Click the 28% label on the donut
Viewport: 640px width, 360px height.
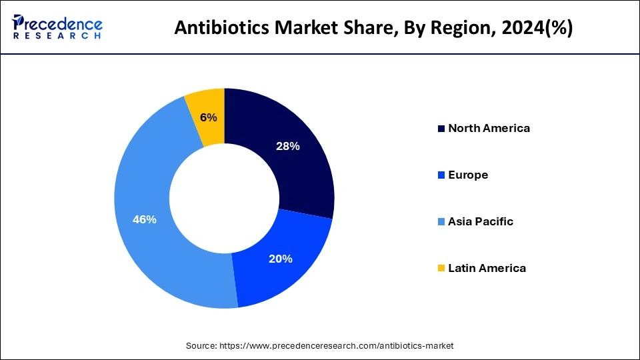tap(287, 146)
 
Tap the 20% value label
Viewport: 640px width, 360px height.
tap(281, 259)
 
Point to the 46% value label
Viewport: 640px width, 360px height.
tap(145, 219)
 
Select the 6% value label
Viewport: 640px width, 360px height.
tap(209, 117)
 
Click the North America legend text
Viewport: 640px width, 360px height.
tap(489, 128)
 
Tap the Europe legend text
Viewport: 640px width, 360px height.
tap(468, 175)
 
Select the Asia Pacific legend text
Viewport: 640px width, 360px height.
tap(481, 221)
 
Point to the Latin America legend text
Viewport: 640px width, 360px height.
tap(487, 268)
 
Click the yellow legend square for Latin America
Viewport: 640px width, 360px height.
tap(441, 269)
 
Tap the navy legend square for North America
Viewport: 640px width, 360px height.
tap(441, 129)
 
